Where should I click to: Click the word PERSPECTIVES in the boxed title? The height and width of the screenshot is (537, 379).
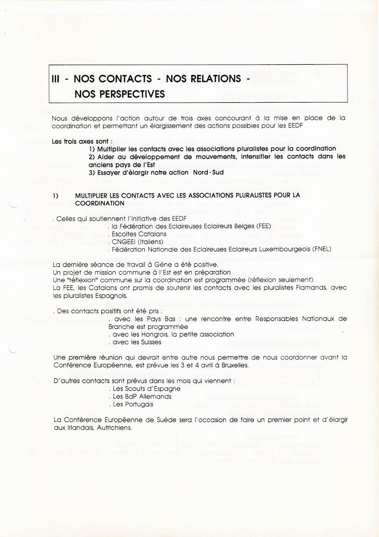click(119, 94)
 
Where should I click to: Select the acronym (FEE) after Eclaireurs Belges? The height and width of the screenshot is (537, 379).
click(261, 226)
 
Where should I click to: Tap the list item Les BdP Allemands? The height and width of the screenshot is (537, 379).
click(142, 396)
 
